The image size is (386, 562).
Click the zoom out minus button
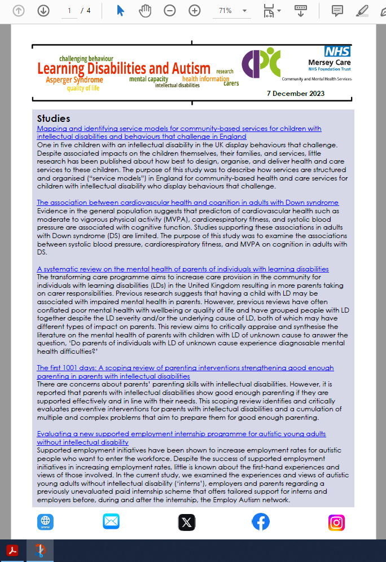pos(169,11)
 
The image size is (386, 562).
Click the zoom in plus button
pos(195,11)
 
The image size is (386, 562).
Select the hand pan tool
pos(145,11)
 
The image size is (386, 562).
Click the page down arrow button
pos(43,11)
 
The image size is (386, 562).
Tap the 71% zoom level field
pos(228,11)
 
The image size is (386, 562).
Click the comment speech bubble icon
pos(337,11)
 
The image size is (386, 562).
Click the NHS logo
pos(337,52)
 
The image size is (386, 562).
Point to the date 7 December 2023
pos(295,93)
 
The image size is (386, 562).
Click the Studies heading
pos(54,118)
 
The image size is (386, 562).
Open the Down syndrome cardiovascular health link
pos(187,203)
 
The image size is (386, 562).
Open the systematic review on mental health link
pos(182,269)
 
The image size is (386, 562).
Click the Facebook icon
pos(260,522)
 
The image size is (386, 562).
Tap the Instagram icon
pos(336,523)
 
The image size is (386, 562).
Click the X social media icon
pos(187,523)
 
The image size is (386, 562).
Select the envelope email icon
pos(111,522)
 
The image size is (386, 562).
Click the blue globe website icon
pos(45,522)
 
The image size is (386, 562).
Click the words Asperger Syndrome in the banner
pos(74,80)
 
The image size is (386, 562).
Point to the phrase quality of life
pos(83,88)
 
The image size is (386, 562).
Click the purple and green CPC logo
pos(261,63)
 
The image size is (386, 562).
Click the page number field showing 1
pos(69,11)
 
